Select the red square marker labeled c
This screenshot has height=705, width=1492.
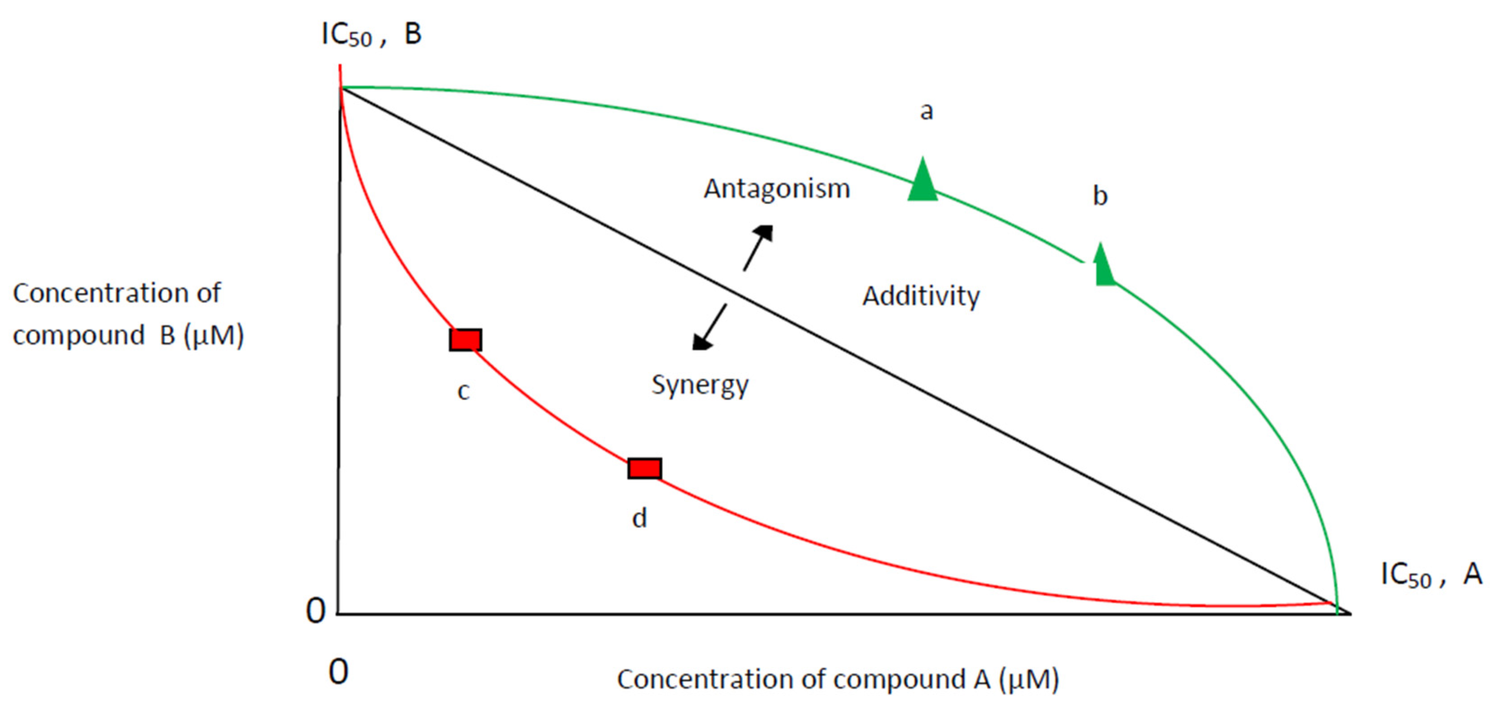tap(465, 340)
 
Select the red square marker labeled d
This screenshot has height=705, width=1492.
tap(644, 468)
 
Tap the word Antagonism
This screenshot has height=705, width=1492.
tap(776, 189)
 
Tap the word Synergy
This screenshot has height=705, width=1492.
tap(700, 385)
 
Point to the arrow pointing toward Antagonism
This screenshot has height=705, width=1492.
tap(758, 247)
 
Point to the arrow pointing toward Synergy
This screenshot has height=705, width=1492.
tap(710, 327)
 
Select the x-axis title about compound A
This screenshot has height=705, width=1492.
tap(838, 679)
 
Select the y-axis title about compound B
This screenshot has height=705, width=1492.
tap(128, 314)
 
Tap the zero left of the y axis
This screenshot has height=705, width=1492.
tap(315, 611)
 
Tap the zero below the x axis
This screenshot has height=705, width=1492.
tap(338, 673)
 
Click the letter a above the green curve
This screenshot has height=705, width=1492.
tap(926, 111)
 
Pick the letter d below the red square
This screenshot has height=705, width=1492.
tap(639, 518)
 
